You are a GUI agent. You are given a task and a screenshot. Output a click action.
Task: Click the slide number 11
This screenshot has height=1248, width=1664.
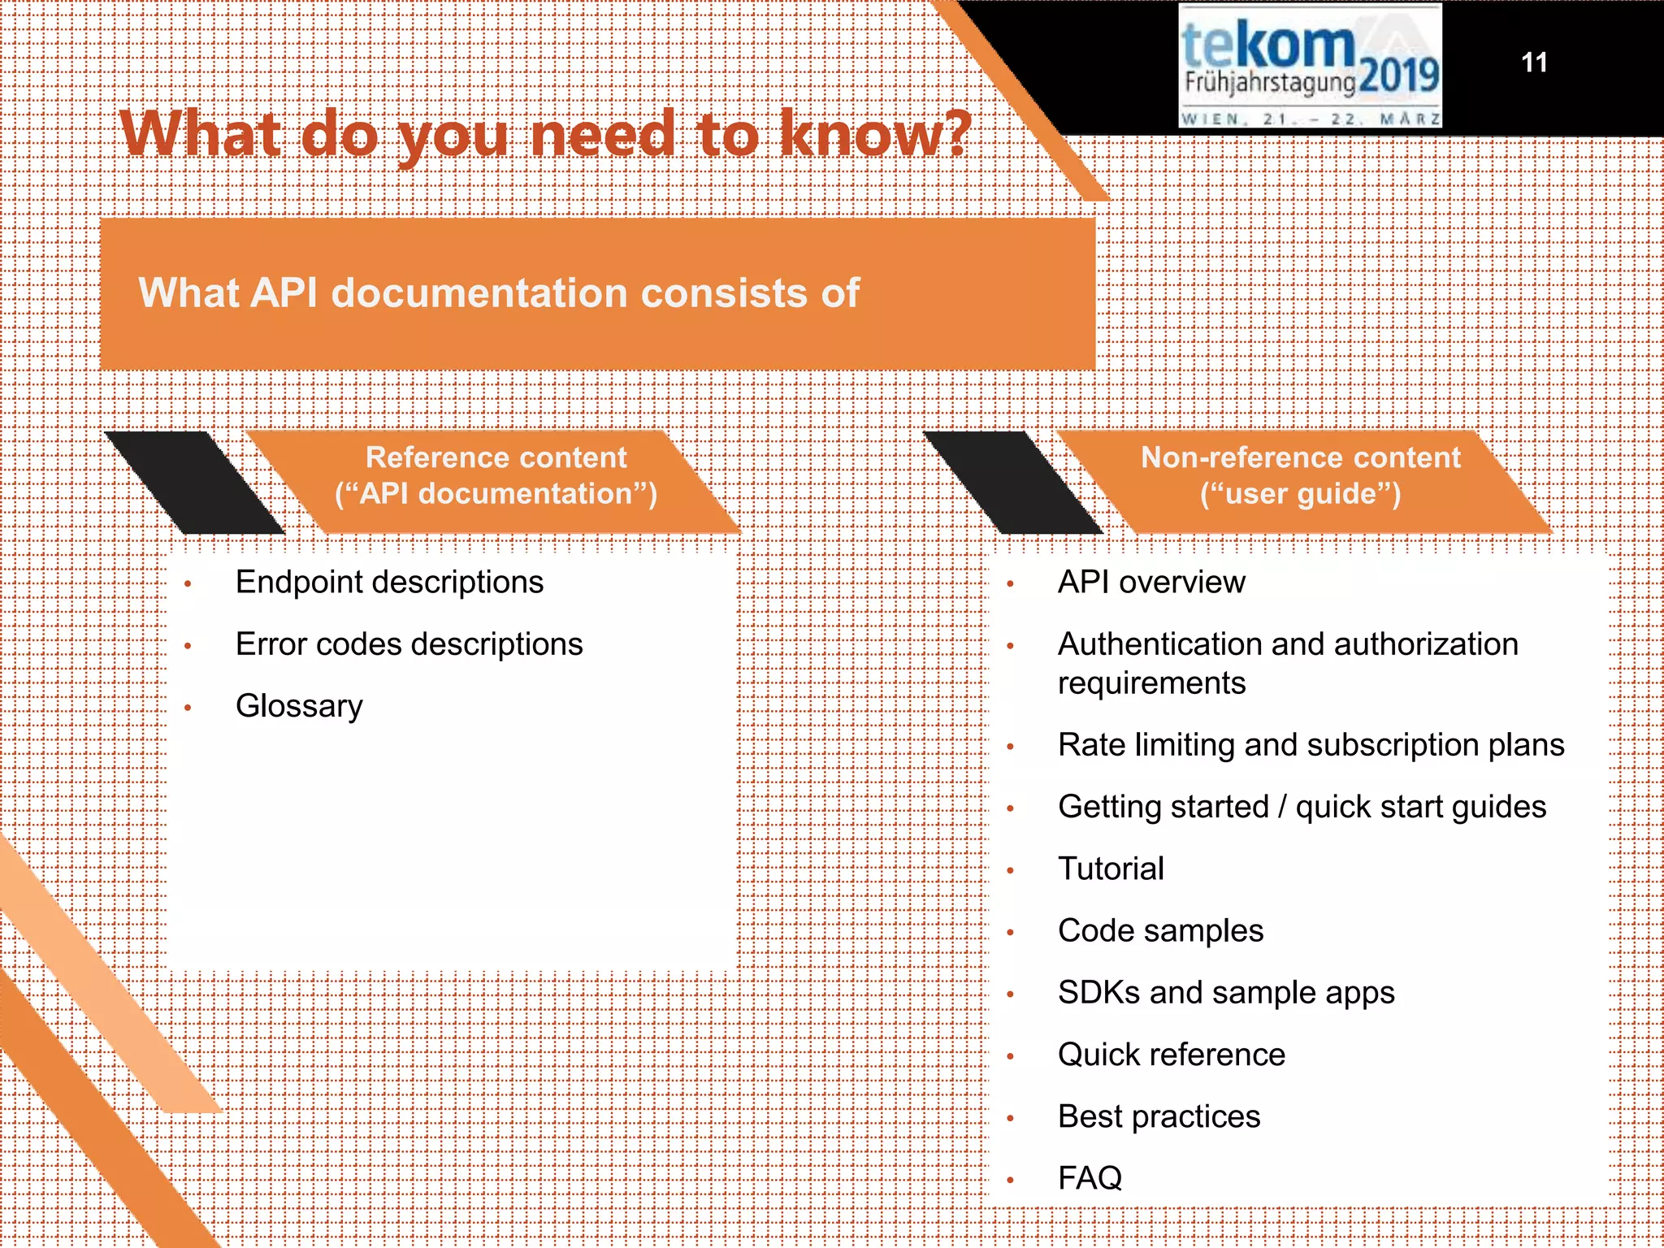pos(1534,63)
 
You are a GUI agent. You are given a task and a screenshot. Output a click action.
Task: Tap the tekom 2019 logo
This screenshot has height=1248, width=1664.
pos(1310,66)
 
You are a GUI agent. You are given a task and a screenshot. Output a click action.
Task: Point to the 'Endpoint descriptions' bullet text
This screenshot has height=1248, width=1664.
pos(389,583)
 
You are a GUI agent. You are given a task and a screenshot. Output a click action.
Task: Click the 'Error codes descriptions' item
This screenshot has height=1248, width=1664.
pos(409,644)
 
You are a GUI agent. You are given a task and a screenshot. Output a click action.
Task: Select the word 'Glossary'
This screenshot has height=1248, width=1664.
pos(299,706)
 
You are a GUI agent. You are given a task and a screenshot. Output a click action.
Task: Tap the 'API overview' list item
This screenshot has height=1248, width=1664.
pos(1151,583)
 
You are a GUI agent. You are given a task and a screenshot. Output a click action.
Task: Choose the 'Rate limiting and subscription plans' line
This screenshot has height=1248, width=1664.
pos(1311,745)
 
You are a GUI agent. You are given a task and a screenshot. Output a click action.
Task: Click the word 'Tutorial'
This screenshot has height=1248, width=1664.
pos(1111,869)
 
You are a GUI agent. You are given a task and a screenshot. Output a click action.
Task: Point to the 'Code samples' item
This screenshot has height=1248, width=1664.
pos(1160,930)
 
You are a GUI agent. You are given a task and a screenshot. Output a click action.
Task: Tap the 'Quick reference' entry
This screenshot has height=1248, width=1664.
pos(1172,1055)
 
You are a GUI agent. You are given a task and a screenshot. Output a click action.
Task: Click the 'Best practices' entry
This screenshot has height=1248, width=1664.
pos(1159,1116)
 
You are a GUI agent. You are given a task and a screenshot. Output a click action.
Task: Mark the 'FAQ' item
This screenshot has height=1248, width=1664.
pos(1090,1178)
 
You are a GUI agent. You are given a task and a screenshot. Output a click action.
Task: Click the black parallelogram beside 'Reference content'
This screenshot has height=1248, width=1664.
pos(195,483)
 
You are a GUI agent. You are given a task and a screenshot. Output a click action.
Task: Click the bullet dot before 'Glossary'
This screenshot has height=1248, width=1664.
pos(188,708)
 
